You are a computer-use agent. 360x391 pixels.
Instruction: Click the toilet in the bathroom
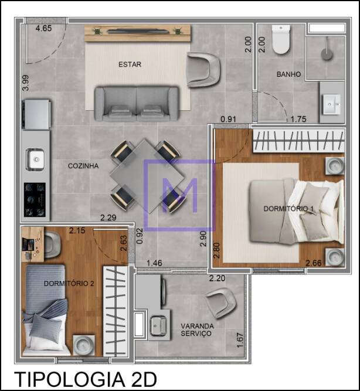point(281,39)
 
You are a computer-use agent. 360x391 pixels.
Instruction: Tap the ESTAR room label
point(130,64)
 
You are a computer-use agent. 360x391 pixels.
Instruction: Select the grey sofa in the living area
point(137,104)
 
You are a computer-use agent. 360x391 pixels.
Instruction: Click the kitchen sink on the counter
point(35,159)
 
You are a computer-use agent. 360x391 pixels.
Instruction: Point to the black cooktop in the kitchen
point(35,200)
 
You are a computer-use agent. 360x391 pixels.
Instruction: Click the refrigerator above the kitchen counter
point(36,114)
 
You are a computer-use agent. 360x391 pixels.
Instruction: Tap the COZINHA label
point(83,166)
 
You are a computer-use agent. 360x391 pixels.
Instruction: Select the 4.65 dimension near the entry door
point(43,28)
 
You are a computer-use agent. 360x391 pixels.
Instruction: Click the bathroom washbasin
point(331,104)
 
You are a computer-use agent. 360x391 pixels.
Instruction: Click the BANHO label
point(288,74)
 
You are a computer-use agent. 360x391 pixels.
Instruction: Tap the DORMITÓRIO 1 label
point(288,209)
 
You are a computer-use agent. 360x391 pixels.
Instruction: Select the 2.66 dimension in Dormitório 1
point(314,263)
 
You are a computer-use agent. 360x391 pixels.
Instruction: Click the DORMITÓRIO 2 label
point(69,284)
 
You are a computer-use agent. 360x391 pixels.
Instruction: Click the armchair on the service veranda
point(222,303)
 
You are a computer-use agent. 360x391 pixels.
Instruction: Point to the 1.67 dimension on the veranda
point(240,341)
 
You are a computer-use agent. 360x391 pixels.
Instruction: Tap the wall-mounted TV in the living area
point(137,32)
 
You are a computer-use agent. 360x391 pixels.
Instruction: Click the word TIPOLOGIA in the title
point(70,379)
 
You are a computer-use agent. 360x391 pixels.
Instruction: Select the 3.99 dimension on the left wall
point(25,83)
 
